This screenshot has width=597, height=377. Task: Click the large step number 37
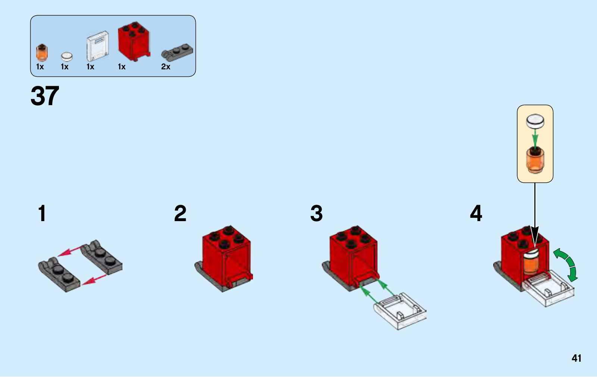[x=45, y=96]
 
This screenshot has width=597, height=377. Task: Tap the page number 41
[x=576, y=358]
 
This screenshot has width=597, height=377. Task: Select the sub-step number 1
[x=42, y=213]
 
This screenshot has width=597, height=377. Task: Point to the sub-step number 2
[x=180, y=213]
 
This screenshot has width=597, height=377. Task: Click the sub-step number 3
[x=316, y=213]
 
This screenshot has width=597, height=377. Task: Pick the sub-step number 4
[x=476, y=213]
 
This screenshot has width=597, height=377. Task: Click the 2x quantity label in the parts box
[x=166, y=67]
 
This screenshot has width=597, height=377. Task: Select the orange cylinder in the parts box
[x=42, y=53]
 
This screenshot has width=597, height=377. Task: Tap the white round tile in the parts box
[x=67, y=57]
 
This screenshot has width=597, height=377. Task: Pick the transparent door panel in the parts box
[x=98, y=46]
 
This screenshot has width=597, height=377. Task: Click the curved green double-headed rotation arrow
[x=567, y=264]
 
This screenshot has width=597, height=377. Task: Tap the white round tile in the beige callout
[x=535, y=121]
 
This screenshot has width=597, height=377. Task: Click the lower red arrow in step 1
[x=94, y=280]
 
